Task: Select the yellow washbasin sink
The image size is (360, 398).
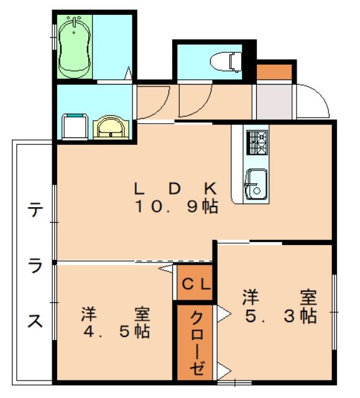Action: click(x=112, y=127)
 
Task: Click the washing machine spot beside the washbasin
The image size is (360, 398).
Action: click(x=75, y=126)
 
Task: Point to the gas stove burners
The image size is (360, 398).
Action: click(x=257, y=142)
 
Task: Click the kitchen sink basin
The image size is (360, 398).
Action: click(x=256, y=183)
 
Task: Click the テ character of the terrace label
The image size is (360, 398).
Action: click(x=34, y=211)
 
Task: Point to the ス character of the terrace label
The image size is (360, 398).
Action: click(x=35, y=322)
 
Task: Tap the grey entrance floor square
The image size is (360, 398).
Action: click(x=273, y=101)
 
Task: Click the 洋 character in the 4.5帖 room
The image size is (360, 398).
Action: click(x=88, y=313)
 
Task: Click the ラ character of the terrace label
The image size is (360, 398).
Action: click(x=35, y=266)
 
